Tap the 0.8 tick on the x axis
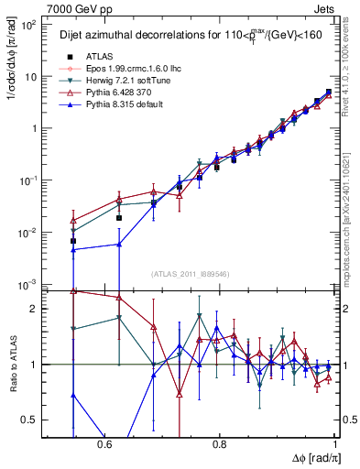[x=219, y=444]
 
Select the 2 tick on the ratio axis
[x=38, y=309]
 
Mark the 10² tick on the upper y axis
[x=30, y=25]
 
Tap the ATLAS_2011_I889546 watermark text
[x=191, y=274]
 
